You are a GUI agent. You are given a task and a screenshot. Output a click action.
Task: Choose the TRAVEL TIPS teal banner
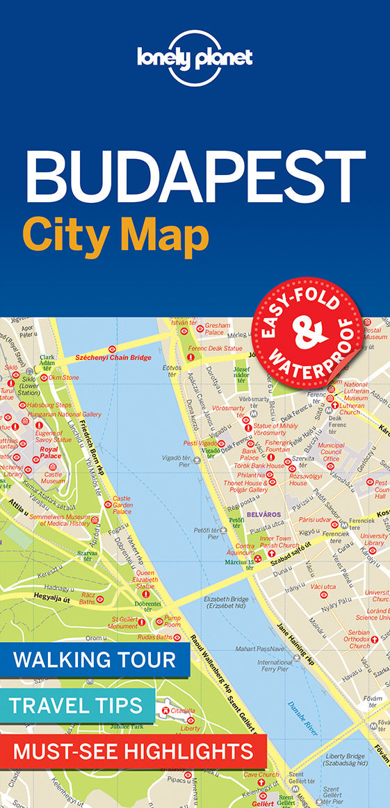[x=77, y=706]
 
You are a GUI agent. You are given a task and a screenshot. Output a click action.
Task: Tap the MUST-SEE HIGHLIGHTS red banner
[x=133, y=750]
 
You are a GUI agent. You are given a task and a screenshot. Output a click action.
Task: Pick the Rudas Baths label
[x=154, y=637]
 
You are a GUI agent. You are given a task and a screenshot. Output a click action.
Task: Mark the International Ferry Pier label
[x=275, y=666]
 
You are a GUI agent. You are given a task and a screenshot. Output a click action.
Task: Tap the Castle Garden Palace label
[x=122, y=504]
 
